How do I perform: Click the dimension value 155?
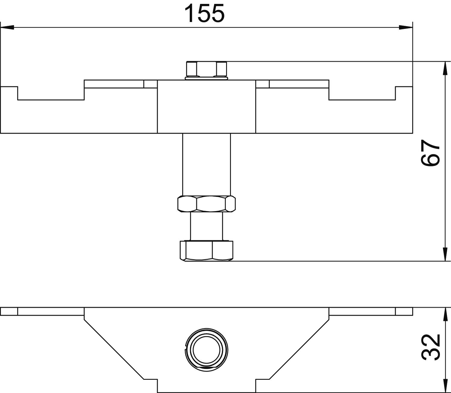point(204,14)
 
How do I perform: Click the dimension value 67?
point(430,153)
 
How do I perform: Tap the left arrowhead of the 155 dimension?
point(7,27)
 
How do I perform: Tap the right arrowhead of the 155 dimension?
point(406,27)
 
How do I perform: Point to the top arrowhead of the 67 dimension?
point(446,68)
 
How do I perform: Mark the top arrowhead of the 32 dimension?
point(446,314)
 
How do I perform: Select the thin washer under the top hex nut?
point(207,78)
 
